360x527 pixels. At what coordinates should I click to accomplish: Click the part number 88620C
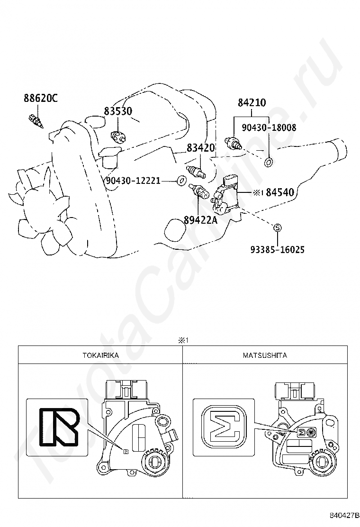click(x=40, y=98)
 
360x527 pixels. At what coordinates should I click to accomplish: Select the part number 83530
click(x=118, y=111)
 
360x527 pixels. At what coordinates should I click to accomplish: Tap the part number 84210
click(x=252, y=102)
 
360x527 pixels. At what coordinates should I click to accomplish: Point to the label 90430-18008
click(x=270, y=127)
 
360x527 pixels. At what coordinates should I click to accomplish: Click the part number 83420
click(x=201, y=147)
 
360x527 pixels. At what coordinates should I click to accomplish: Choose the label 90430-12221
click(x=133, y=181)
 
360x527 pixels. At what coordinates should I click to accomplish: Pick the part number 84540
click(x=280, y=192)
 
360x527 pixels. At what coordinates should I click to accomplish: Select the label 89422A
click(x=200, y=220)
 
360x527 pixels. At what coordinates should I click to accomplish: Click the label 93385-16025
click(x=278, y=249)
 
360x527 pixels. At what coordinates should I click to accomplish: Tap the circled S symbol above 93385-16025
click(x=278, y=228)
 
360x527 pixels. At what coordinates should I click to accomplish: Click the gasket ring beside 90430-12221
click(x=181, y=181)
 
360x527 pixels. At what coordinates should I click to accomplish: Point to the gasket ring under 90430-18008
click(x=268, y=163)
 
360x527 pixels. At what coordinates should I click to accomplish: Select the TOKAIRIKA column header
click(x=100, y=355)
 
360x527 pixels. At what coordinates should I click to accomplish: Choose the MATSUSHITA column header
click(x=265, y=355)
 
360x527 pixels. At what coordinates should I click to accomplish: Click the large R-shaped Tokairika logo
click(x=58, y=427)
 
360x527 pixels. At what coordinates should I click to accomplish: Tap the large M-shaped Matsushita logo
click(x=225, y=427)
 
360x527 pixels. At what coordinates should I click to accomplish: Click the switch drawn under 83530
click(x=117, y=136)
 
